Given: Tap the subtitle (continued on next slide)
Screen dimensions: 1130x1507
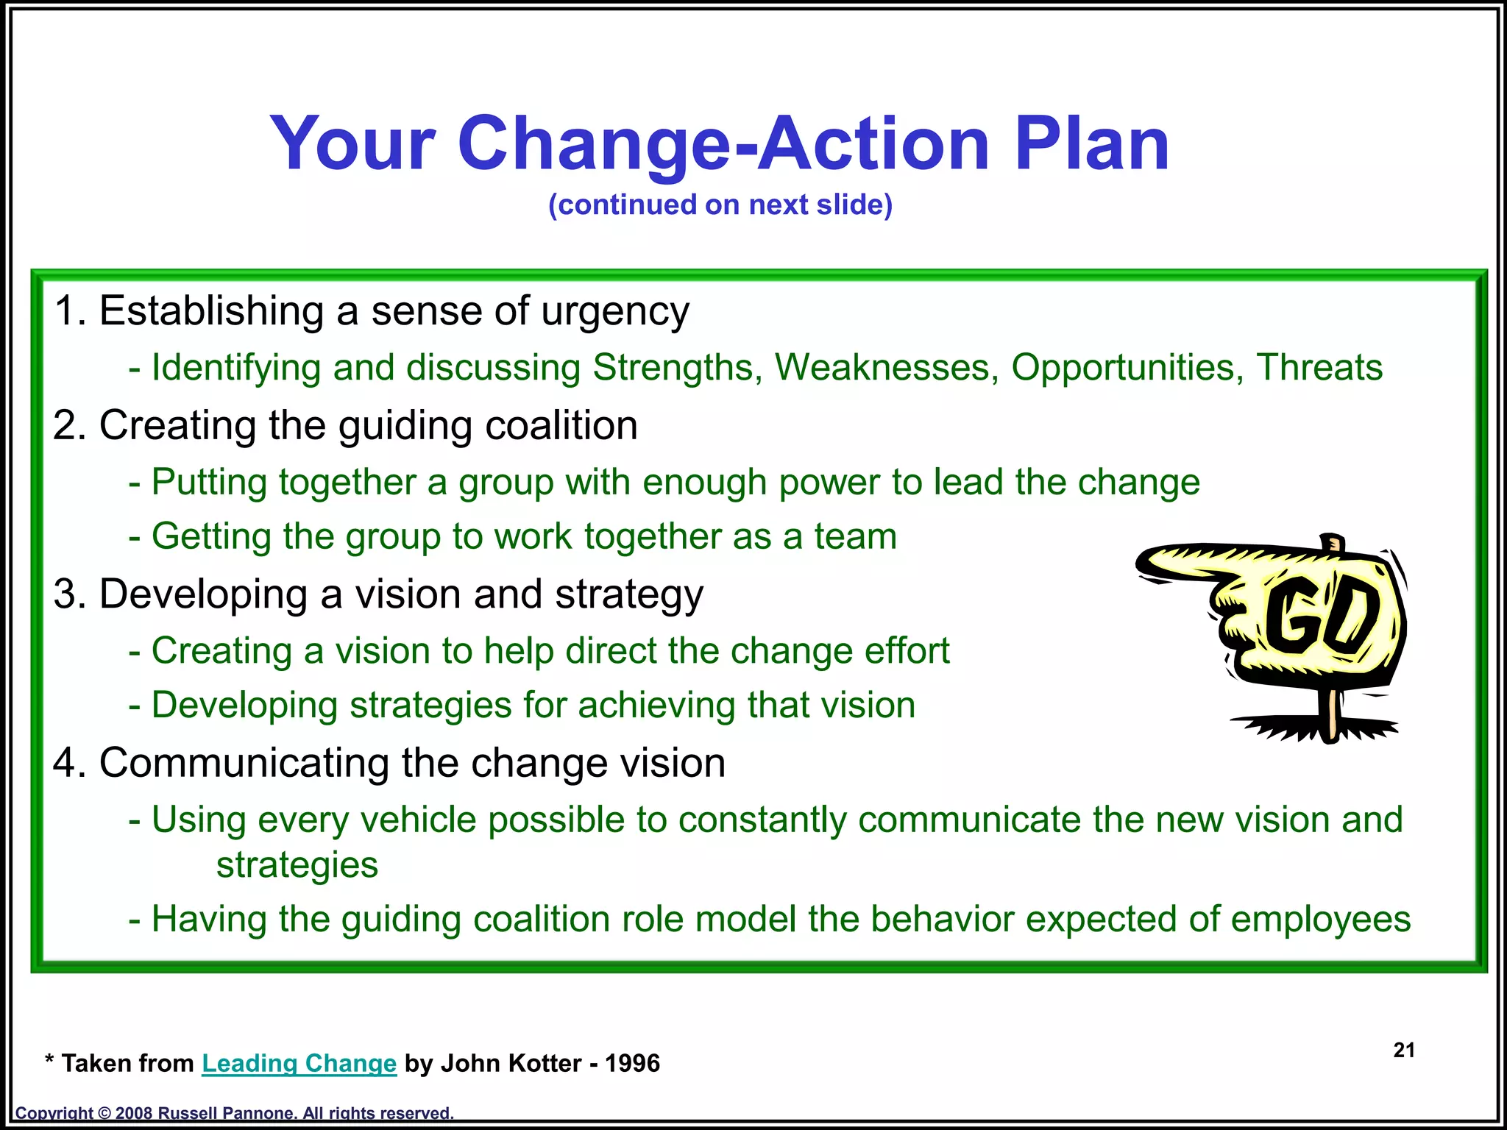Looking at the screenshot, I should point(720,205).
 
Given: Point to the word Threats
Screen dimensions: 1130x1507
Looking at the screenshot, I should point(1319,367).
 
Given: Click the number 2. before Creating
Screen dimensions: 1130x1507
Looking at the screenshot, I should point(70,425).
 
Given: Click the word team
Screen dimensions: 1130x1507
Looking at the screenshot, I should point(855,536).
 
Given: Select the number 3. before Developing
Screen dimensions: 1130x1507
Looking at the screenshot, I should point(70,594).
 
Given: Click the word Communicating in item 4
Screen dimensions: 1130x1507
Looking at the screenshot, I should point(244,763).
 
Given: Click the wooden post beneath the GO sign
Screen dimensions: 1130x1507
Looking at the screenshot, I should point(1332,712).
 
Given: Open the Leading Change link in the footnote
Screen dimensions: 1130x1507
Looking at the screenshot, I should point(299,1063).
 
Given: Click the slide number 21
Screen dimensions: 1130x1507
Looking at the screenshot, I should point(1404,1050).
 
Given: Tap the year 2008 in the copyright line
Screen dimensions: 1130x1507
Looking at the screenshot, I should point(133,1113).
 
